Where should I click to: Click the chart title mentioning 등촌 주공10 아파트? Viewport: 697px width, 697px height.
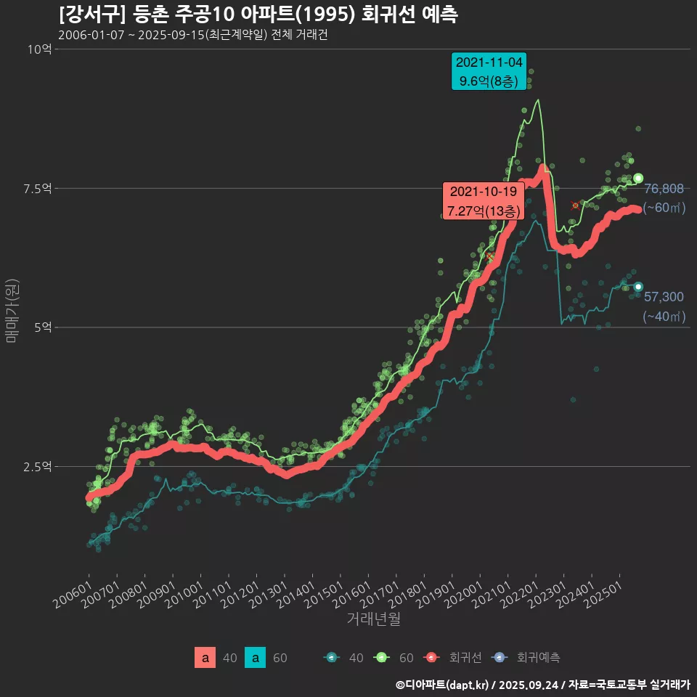tap(258, 15)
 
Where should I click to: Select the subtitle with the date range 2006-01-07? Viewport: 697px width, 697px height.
tap(192, 36)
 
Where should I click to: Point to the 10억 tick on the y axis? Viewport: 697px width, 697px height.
tap(39, 49)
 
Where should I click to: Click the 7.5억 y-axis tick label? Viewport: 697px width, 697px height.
tap(36, 189)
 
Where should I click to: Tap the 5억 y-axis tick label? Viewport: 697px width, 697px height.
tap(41, 327)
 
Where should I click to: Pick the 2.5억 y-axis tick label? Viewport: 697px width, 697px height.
tap(36, 467)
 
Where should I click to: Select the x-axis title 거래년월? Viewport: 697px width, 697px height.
tap(374, 619)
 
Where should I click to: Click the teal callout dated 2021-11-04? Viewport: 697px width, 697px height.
tap(489, 71)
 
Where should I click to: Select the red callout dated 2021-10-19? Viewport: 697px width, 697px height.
tap(484, 201)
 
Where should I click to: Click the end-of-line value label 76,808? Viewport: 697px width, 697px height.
tap(664, 189)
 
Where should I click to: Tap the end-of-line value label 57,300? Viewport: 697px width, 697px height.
tap(664, 296)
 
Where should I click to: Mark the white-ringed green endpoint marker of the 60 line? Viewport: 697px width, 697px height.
tap(638, 178)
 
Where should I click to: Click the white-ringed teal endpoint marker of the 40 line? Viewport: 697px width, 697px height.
tap(638, 287)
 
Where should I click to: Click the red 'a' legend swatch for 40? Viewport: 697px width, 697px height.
tap(205, 658)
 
